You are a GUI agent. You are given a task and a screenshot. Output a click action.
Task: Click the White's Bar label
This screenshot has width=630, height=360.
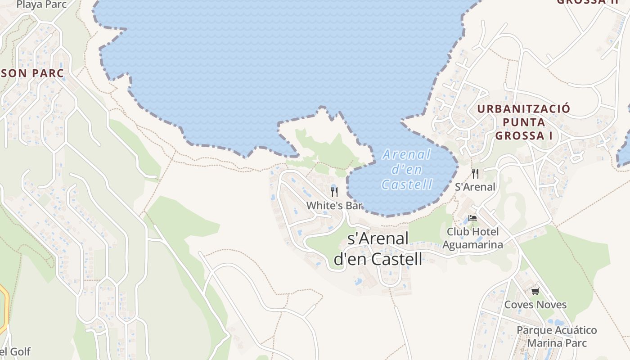pyautogui.click(x=334, y=206)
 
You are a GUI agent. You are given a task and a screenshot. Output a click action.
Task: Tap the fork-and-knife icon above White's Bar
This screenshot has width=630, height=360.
pyautogui.click(x=334, y=192)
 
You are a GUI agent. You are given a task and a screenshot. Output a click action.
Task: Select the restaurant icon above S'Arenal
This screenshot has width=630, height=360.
pyautogui.click(x=475, y=173)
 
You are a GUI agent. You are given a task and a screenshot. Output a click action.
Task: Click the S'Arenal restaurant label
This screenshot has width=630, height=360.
pyautogui.click(x=475, y=187)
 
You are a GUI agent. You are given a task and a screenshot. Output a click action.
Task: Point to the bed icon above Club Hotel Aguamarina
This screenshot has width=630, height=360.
pyautogui.click(x=472, y=218)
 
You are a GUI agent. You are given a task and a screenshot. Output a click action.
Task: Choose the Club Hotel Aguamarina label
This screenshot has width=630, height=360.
pyautogui.click(x=473, y=238)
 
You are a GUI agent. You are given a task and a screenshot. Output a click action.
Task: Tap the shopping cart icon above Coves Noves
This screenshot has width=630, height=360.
pyautogui.click(x=535, y=291)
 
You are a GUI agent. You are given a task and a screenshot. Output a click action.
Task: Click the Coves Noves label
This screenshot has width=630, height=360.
pyautogui.click(x=535, y=305)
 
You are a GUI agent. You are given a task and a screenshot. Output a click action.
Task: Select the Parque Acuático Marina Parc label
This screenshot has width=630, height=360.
pyautogui.click(x=557, y=337)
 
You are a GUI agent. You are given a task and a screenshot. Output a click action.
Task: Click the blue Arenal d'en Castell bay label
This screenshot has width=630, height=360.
pyautogui.click(x=407, y=169)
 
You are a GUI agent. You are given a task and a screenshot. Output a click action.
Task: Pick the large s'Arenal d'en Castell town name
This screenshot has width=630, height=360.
pyautogui.click(x=378, y=249)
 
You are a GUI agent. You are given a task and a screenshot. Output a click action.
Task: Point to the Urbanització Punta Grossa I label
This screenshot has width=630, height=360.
pyautogui.click(x=523, y=122)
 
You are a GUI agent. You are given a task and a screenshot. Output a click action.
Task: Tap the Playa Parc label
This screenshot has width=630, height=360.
pyautogui.click(x=41, y=4)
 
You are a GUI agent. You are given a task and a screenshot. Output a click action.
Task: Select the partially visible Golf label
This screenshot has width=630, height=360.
pyautogui.click(x=15, y=351)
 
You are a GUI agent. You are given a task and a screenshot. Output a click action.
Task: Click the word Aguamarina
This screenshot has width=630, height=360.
pyautogui.click(x=473, y=244)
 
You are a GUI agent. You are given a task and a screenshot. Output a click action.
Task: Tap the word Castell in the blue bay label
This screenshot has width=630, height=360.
pyautogui.click(x=407, y=184)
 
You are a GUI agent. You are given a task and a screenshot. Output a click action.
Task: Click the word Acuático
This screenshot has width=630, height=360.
pyautogui.click(x=571, y=330)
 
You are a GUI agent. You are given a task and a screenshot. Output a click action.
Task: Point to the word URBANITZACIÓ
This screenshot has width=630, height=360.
pyautogui.click(x=523, y=108)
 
